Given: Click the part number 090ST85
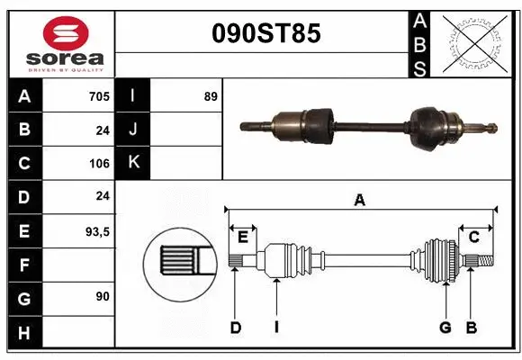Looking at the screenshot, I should (x=264, y=34).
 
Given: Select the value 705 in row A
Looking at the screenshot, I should (x=98, y=96).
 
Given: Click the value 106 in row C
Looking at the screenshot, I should (x=98, y=164).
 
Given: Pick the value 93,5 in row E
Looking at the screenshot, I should (x=95, y=231).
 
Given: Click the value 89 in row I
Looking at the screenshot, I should (x=211, y=96).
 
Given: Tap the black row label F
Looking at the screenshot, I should (x=24, y=265).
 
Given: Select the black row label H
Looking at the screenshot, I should (x=24, y=333).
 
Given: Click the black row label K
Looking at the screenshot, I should (x=133, y=163).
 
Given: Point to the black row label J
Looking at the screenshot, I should (x=133, y=130).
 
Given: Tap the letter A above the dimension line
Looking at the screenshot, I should (x=359, y=201).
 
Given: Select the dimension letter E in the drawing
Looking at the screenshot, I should (x=242, y=237).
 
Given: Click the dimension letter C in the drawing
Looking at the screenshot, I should (x=473, y=237).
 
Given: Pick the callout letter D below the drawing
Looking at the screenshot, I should (x=236, y=328).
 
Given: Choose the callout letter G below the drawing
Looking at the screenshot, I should (x=445, y=328).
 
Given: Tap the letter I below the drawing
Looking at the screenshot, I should (x=276, y=328).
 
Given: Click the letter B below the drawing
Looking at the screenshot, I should (x=471, y=328).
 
